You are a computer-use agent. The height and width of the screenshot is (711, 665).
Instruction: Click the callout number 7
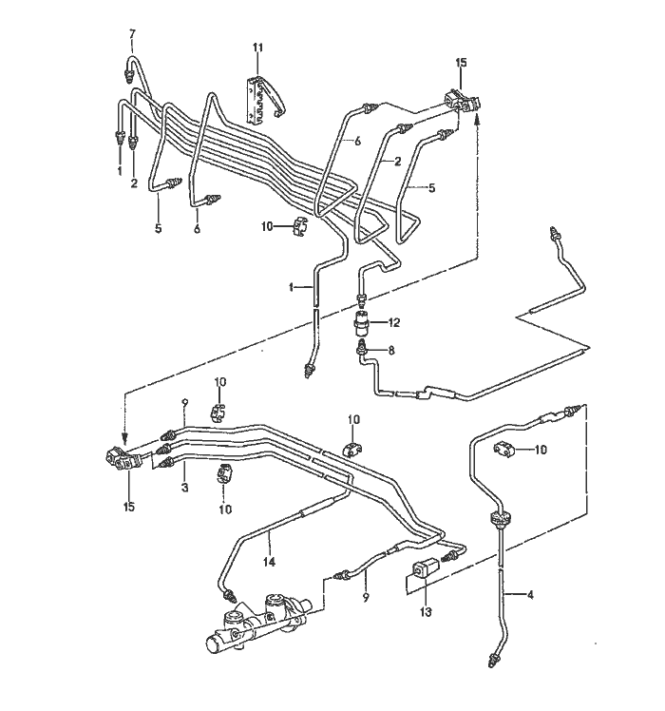click(x=132, y=34)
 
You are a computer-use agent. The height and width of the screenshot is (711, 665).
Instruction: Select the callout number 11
click(x=258, y=48)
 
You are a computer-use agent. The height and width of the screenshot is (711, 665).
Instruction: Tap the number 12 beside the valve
click(x=394, y=322)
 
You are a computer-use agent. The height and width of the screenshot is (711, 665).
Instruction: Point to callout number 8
click(x=391, y=350)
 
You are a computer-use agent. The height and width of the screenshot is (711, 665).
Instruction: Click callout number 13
click(x=426, y=612)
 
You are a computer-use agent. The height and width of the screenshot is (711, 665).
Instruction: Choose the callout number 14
click(x=269, y=563)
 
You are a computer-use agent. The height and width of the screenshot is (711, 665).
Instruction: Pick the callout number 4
click(x=530, y=594)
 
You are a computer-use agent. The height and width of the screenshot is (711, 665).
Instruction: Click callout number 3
click(x=184, y=488)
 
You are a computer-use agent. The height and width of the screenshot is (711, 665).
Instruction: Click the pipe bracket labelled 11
click(x=262, y=101)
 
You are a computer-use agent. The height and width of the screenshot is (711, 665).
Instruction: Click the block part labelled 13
click(x=426, y=569)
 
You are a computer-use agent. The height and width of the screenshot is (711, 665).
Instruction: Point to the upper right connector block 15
click(x=463, y=102)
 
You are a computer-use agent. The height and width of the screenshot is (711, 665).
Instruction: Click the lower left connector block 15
click(x=123, y=460)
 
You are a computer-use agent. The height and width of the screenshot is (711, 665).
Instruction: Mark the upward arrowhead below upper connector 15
click(x=477, y=120)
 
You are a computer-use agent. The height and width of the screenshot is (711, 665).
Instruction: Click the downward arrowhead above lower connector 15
click(x=125, y=438)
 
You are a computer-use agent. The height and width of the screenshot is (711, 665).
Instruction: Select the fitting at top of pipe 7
click(x=128, y=73)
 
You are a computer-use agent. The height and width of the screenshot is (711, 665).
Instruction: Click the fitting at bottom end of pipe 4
click(x=493, y=658)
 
